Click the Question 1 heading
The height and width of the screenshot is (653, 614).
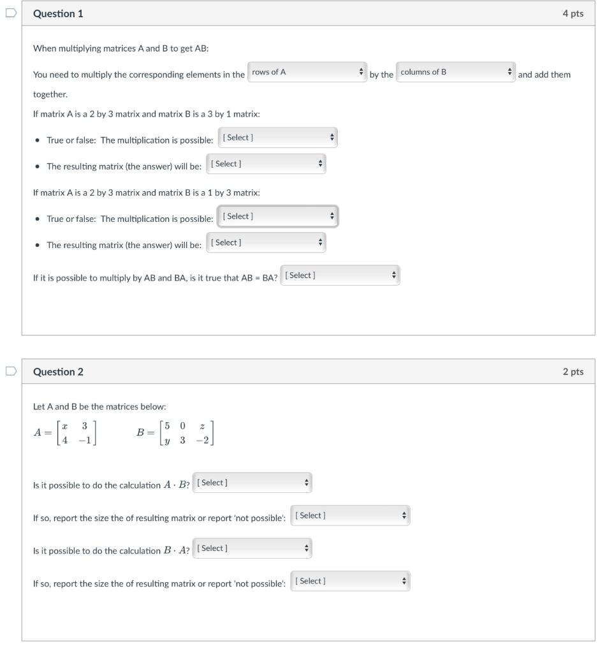click(58, 13)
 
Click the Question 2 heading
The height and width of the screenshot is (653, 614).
click(58, 372)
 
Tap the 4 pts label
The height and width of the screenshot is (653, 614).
click(573, 13)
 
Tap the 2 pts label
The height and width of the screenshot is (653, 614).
click(573, 372)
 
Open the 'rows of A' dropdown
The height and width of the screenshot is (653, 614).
click(307, 73)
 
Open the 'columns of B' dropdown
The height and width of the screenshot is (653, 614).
click(455, 73)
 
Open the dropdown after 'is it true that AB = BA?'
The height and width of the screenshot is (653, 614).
click(340, 275)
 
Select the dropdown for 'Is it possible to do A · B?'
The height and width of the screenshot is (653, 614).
click(252, 483)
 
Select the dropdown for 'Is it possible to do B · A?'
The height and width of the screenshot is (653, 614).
click(252, 548)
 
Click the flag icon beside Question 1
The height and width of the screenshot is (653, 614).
click(10, 13)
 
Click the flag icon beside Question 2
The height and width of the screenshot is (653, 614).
click(10, 371)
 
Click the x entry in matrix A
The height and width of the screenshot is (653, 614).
click(65, 425)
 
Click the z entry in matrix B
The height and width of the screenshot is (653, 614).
click(202, 425)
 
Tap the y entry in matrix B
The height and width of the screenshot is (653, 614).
click(167, 440)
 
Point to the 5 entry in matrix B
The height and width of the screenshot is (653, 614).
click(167, 425)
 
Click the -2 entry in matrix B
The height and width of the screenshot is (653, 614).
click(202, 440)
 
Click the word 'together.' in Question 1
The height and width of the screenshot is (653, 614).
click(50, 94)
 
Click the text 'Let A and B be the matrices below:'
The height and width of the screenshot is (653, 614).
click(99, 407)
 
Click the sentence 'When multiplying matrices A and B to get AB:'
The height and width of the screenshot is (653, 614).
click(121, 48)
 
